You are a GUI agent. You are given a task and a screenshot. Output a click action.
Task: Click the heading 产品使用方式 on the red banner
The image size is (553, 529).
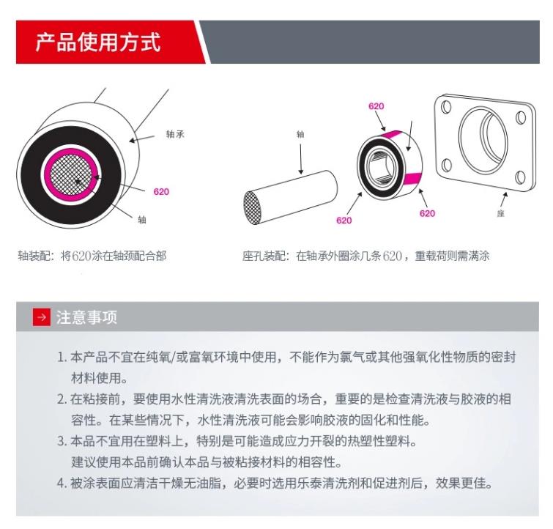98,42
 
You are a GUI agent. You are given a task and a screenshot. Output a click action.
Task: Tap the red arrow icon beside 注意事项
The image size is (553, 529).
42,317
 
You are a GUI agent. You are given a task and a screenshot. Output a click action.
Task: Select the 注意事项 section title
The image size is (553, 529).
86,317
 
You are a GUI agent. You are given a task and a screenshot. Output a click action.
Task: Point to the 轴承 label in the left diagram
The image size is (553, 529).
175,134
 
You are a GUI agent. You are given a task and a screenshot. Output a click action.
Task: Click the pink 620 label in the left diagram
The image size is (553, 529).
161,192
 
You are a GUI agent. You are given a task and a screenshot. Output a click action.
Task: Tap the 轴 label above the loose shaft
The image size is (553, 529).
300,134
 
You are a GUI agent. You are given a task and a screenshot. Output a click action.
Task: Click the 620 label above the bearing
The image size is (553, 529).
376,106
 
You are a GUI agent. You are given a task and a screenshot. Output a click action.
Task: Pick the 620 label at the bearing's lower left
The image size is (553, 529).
344,221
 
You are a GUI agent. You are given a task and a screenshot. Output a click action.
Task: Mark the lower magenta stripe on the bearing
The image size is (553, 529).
412,179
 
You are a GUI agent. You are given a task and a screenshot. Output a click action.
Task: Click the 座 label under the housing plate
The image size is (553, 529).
500,213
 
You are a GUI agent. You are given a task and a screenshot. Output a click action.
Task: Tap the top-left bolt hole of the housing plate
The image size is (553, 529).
446,106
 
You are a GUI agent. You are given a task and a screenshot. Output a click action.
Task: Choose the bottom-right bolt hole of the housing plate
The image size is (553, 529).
520,177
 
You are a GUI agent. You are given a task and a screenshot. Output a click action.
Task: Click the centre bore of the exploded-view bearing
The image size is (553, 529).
382,166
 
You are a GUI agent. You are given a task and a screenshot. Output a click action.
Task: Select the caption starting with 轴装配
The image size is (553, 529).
92,256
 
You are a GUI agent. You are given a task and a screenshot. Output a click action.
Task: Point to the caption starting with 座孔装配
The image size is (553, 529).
366,256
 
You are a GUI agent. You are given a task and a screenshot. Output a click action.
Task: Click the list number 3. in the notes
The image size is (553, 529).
62,441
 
